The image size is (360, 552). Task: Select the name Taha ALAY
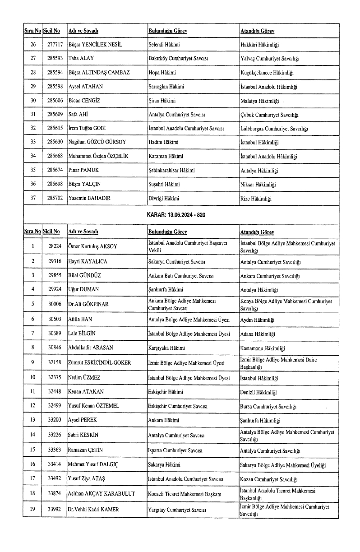[x=82, y=59]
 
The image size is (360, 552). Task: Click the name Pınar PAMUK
[x=83, y=171]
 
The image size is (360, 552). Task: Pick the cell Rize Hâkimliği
[x=256, y=199]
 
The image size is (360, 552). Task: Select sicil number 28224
[x=52, y=246]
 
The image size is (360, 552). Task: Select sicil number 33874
[x=52, y=493]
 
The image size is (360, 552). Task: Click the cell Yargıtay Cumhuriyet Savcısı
[x=177, y=509]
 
